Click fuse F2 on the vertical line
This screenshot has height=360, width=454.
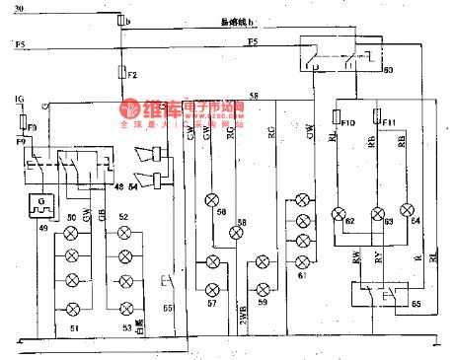tap(120, 73)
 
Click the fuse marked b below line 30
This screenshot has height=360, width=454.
tap(120, 20)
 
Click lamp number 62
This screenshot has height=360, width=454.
tap(339, 213)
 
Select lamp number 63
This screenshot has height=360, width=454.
tap(374, 214)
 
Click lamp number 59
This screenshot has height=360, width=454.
tap(261, 289)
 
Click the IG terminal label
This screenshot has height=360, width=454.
tap(19, 101)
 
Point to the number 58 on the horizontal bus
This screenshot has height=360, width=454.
tap(255, 96)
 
